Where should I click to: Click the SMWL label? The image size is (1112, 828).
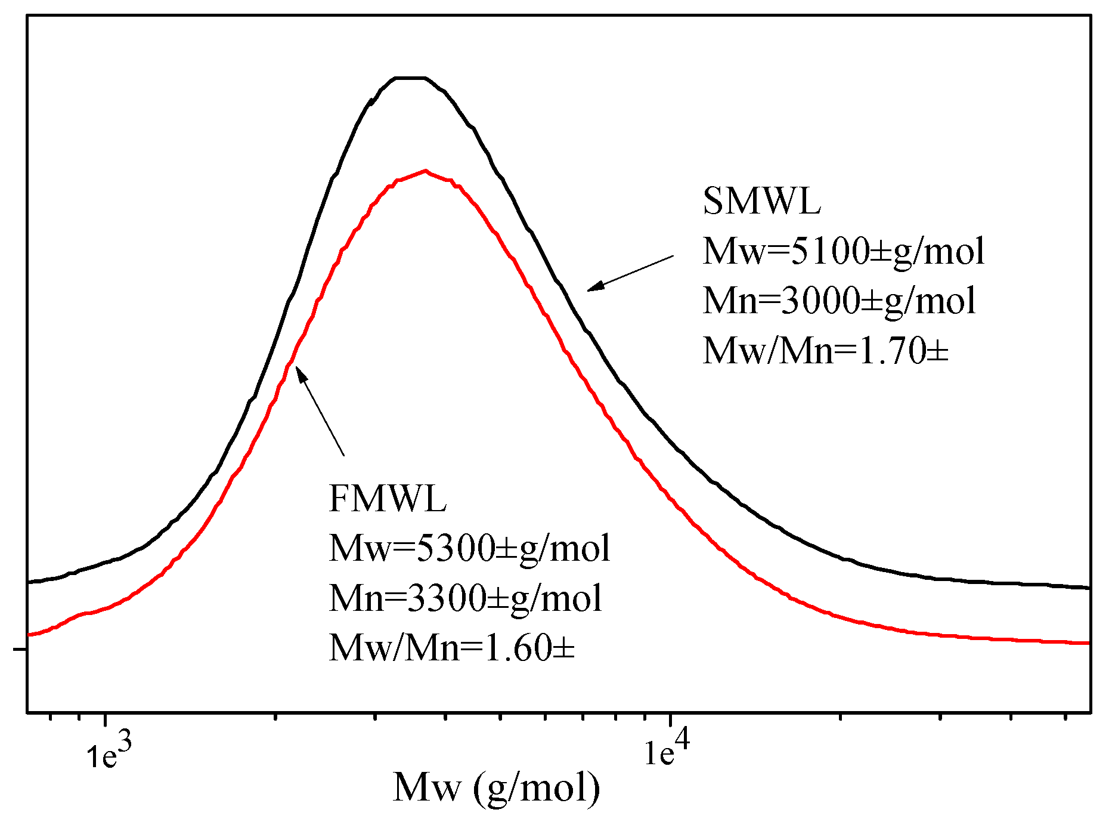click(x=761, y=202)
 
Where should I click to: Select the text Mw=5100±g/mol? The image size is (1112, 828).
click(x=843, y=251)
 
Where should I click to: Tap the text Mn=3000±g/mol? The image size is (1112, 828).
click(x=839, y=301)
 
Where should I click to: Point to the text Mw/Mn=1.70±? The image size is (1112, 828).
click(x=825, y=351)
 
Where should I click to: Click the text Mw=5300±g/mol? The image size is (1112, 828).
click(x=469, y=548)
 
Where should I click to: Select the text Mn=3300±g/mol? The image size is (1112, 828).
click(x=465, y=598)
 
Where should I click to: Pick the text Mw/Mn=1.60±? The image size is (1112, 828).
click(x=451, y=648)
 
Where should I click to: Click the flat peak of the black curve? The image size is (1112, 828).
click(x=410, y=78)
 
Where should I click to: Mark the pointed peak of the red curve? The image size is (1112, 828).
click(x=426, y=171)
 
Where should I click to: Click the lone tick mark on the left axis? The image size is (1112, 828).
click(x=19, y=648)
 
